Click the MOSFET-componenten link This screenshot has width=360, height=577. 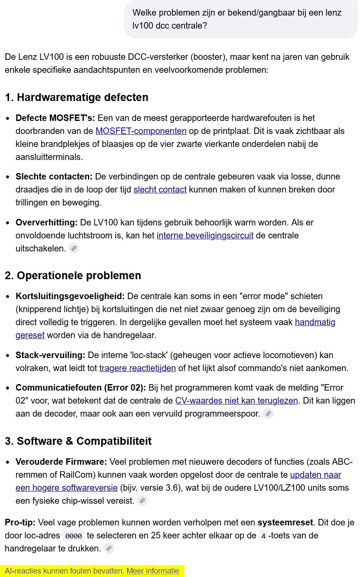141,131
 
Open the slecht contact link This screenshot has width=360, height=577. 160,189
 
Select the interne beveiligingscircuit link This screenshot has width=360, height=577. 205,235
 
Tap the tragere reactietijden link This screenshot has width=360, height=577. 137,368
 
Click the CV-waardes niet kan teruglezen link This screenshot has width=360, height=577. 237,401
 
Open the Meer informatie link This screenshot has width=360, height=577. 152,570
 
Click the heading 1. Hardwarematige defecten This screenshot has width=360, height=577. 77,97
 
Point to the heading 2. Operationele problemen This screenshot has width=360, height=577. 73,275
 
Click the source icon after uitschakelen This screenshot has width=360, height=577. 74,248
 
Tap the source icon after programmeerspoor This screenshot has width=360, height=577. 269,414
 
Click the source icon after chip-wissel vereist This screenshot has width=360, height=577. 142,501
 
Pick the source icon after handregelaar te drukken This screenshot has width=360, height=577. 109,548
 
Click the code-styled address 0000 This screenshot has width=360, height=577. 73,536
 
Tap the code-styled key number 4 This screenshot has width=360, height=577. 264,536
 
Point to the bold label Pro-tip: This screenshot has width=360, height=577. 20,522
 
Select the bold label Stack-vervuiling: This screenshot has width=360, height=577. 50,355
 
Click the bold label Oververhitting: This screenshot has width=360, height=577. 46,222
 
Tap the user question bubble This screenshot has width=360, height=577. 241,19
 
